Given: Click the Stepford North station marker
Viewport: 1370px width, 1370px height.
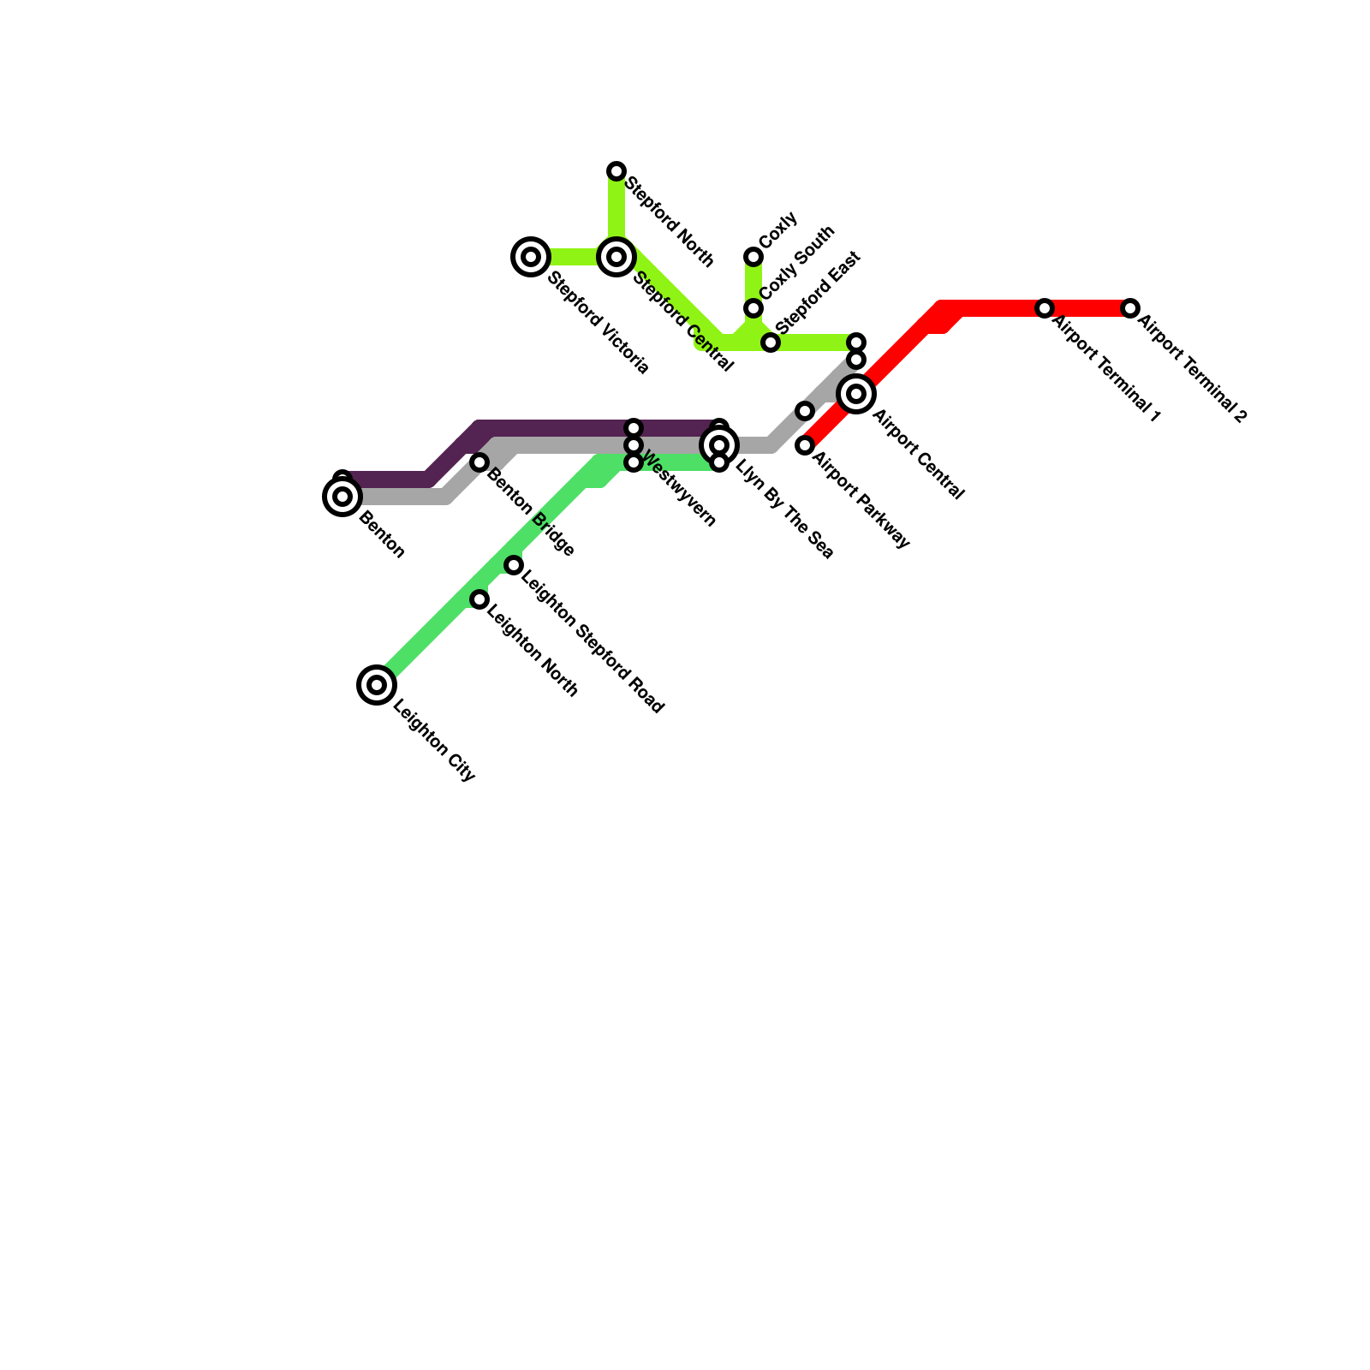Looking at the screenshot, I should pyautogui.click(x=616, y=171).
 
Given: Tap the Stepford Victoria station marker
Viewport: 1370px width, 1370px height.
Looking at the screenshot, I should pyautogui.click(x=531, y=257).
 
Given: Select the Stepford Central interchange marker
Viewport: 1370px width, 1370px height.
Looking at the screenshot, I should pyautogui.click(x=616, y=257).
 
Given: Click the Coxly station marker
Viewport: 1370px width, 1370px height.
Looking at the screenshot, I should pyautogui.click(x=753, y=257).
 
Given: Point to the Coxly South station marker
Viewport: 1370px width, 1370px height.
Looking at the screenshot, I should pyautogui.click(x=753, y=308).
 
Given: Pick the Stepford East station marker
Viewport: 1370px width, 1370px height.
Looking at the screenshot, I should pyautogui.click(x=771, y=343).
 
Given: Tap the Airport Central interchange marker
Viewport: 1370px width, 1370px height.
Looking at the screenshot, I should pyautogui.click(x=856, y=394).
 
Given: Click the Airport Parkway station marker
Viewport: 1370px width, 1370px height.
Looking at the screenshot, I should pyautogui.click(x=805, y=445).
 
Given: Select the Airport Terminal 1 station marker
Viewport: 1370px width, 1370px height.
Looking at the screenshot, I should pyautogui.click(x=1045, y=308).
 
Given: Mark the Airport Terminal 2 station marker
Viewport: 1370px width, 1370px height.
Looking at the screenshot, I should pyautogui.click(x=1130, y=308).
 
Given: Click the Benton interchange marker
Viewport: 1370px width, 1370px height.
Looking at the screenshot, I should pyautogui.click(x=342, y=497).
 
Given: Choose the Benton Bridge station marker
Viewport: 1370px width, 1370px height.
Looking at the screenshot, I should pyautogui.click(x=479, y=462).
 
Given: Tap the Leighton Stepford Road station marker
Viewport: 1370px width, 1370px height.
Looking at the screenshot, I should pyautogui.click(x=514, y=565).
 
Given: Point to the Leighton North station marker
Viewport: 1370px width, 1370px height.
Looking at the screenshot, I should pyautogui.click(x=479, y=599).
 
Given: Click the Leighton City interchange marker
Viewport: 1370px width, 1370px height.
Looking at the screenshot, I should pyautogui.click(x=377, y=685).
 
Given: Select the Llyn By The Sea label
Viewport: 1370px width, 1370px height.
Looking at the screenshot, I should pyautogui.click(x=783, y=510).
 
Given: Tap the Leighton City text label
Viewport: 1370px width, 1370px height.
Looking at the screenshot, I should pyautogui.click(x=433, y=742).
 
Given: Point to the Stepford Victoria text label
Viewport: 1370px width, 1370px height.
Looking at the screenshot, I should pyautogui.click(x=599, y=323).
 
